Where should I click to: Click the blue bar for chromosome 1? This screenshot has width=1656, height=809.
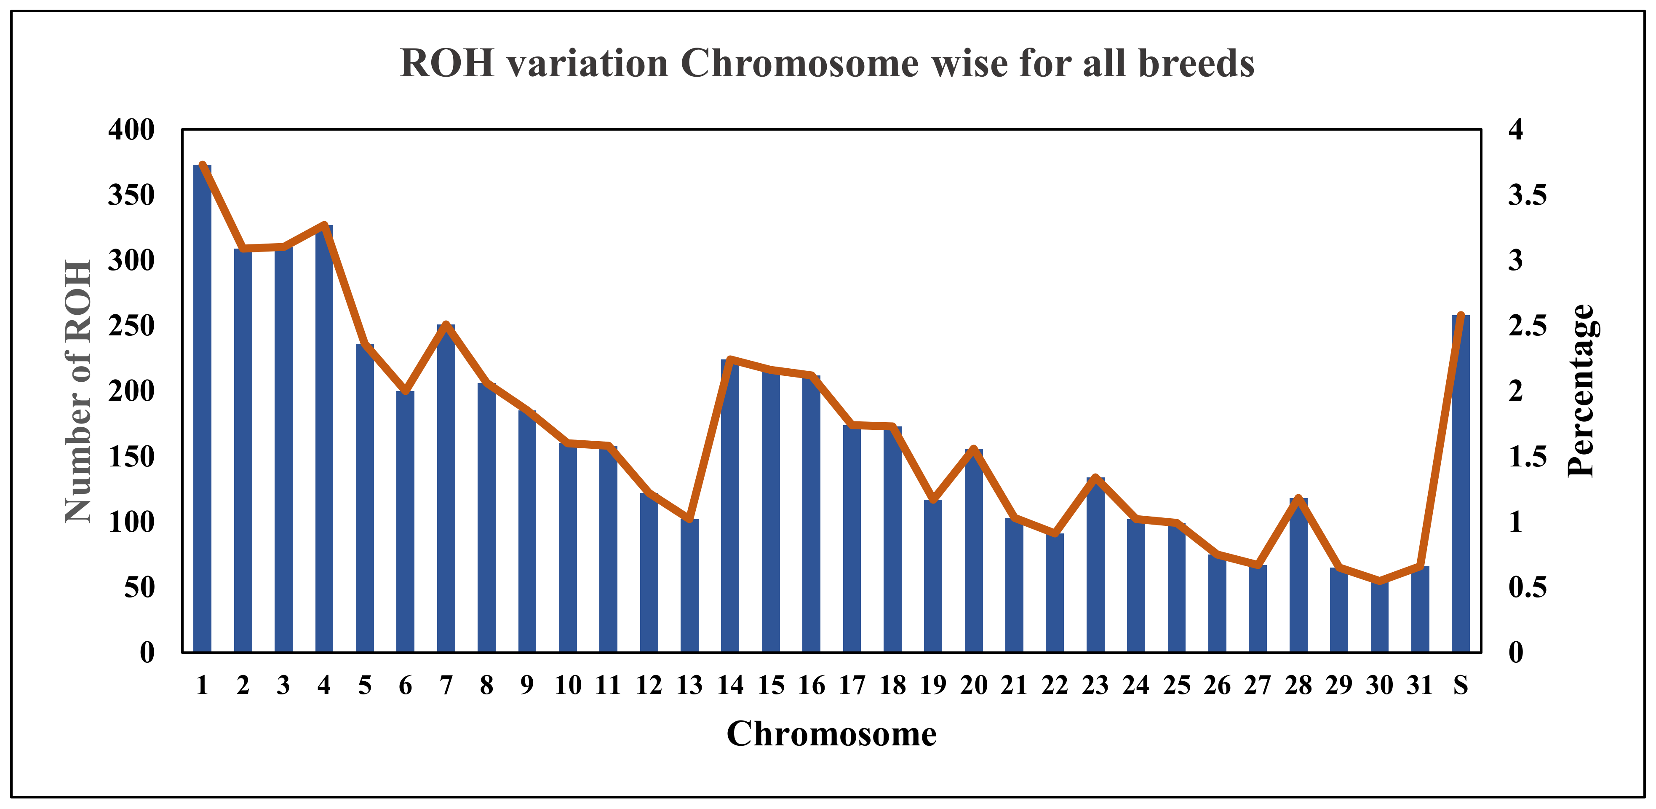click(202, 412)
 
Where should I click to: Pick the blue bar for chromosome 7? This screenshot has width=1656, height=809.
click(446, 489)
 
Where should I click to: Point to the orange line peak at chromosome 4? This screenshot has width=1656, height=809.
click(324, 225)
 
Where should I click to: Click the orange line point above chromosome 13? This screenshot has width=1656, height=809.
click(689, 518)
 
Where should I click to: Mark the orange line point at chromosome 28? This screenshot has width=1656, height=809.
click(1298, 498)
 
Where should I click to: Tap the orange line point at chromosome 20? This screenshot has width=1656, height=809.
click(973, 449)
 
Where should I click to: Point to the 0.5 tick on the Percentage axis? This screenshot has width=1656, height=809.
click(1528, 587)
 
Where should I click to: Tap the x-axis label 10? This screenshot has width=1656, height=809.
click(568, 686)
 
